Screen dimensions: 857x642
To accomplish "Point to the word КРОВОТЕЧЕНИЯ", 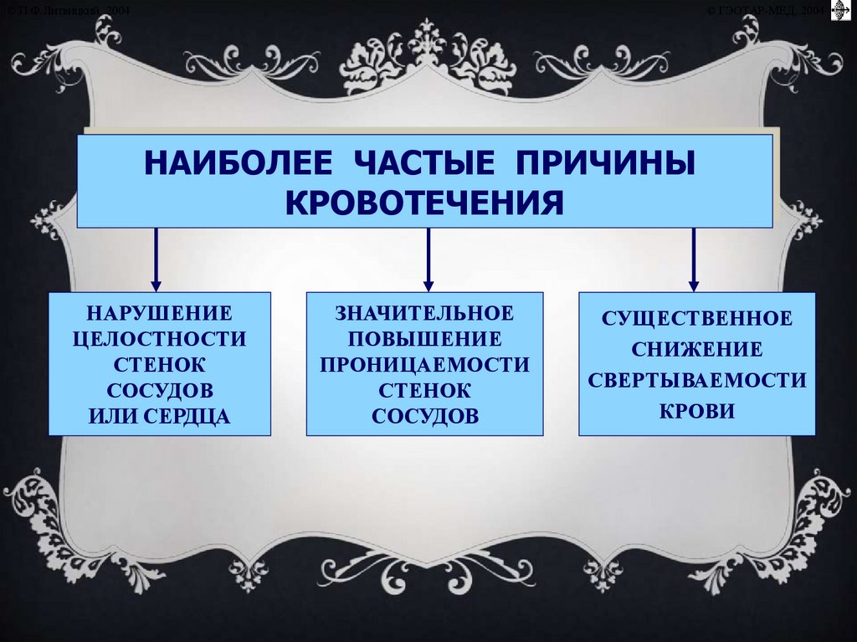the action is coord(424,202).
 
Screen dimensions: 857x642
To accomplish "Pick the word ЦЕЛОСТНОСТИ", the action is coord(159,339).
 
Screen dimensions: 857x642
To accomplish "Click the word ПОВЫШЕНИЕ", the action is coord(424,339).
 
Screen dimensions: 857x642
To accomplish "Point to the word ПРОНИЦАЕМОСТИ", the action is coord(424,365).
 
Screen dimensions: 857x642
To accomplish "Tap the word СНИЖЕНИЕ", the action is coord(697,349).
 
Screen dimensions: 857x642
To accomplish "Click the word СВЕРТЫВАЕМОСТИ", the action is coord(697,380).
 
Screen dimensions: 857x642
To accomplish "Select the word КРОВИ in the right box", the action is coord(697,411).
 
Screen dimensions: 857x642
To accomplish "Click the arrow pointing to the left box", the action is coord(156,259).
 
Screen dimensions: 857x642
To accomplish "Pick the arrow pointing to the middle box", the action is coord(428,259).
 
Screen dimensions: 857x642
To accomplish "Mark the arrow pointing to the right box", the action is coord(694,259).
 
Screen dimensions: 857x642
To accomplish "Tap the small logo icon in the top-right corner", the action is coord(839,10).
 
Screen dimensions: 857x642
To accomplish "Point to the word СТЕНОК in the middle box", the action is coord(424,390).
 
